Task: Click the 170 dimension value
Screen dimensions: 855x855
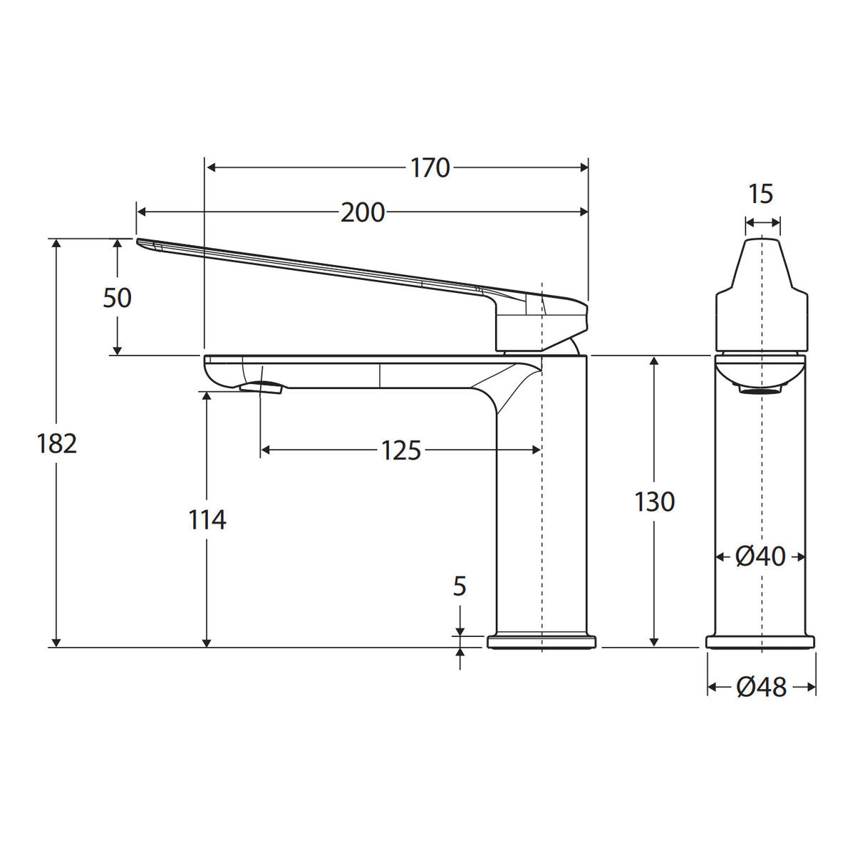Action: tap(430, 167)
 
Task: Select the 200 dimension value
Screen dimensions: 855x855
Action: tap(363, 212)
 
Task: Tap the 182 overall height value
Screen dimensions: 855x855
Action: tap(57, 443)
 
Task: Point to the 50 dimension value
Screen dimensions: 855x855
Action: tap(117, 297)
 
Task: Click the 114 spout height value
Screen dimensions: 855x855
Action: tap(207, 519)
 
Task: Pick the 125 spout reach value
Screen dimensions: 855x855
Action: tap(400, 450)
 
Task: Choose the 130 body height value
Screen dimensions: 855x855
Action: tap(655, 502)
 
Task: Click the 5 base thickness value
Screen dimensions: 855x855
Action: tap(460, 586)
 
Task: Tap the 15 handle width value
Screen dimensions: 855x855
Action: tap(760, 194)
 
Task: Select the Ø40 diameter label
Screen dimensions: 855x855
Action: tap(760, 556)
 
